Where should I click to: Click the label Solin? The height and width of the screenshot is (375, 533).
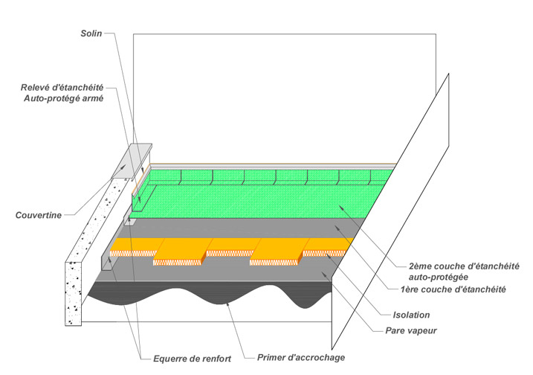coord(91,34)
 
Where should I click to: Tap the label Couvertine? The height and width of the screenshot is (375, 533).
coord(39,216)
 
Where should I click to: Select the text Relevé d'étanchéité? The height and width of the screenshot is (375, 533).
coord(62,86)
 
